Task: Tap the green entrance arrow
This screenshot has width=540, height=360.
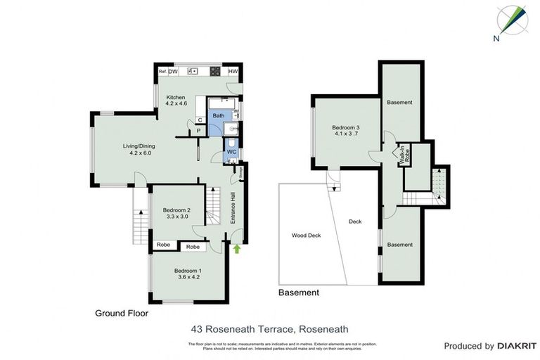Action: (x=237, y=247)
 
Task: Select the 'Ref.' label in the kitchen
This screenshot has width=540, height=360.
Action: (x=162, y=71)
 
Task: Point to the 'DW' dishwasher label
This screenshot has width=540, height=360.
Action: (x=173, y=71)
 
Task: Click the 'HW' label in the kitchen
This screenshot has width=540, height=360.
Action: (x=233, y=71)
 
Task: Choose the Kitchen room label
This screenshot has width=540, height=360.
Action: (x=175, y=97)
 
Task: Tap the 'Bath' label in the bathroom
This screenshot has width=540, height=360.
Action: (x=219, y=115)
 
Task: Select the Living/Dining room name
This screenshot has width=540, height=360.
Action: (x=137, y=146)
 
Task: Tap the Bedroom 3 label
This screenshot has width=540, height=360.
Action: (x=345, y=127)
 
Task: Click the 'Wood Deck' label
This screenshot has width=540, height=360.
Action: (x=305, y=236)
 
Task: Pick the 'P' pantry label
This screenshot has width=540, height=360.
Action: (x=198, y=130)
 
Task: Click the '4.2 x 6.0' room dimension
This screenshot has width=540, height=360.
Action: (x=137, y=153)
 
